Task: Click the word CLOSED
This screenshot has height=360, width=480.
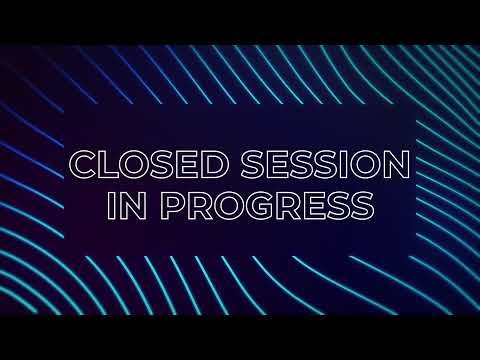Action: (x=149, y=164)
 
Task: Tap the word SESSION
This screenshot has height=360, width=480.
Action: (x=326, y=164)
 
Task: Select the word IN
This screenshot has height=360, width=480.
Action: (x=127, y=205)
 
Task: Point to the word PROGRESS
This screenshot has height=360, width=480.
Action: (x=268, y=205)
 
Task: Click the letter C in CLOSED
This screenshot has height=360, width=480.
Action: (x=82, y=164)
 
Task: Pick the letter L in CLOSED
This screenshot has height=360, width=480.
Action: (x=109, y=164)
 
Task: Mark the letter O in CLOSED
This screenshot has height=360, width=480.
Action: (x=135, y=164)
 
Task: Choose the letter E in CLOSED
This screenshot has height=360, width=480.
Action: (x=187, y=164)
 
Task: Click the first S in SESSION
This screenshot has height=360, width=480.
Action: (x=253, y=164)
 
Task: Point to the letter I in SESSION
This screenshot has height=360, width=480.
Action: (x=346, y=164)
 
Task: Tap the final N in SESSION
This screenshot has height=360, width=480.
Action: (x=398, y=164)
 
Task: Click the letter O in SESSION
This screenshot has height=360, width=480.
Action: (x=367, y=164)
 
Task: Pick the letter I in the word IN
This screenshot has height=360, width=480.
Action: (x=111, y=206)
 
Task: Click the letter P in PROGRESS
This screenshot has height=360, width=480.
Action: (x=172, y=206)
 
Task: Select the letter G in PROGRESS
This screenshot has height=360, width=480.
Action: (x=262, y=206)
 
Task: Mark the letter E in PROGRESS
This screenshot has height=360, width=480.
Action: (x=314, y=206)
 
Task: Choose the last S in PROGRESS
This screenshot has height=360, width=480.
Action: (x=362, y=206)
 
